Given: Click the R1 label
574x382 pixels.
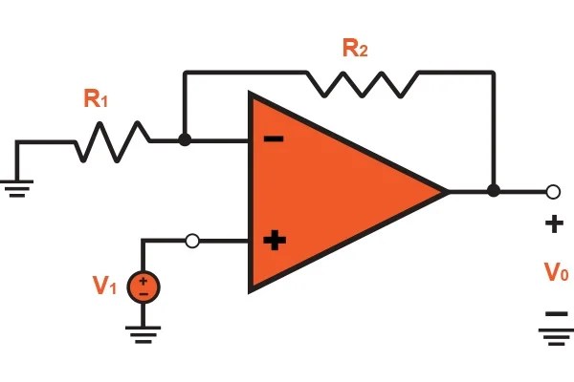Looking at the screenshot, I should pos(95,97).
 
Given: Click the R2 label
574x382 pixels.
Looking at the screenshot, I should pos(354,48).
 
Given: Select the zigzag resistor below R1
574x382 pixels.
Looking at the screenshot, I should pos(112,141).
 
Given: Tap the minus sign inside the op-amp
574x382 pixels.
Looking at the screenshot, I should pos(274,139).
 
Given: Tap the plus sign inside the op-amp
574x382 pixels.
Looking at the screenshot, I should pos(275,241).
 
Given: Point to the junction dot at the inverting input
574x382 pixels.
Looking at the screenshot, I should pos(185,140).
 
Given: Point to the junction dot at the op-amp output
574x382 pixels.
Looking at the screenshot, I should pos(493,191).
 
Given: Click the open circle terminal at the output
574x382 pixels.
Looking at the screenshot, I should pos(552,191).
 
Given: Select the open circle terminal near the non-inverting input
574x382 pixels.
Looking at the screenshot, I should pos(192,242).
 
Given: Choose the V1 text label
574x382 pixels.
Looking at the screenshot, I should pos(104,286).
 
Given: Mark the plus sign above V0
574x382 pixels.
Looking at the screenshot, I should pos(554,225).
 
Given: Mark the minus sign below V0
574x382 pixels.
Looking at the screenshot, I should pos(554,313).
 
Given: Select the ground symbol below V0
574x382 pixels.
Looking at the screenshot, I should pos(554,335).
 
